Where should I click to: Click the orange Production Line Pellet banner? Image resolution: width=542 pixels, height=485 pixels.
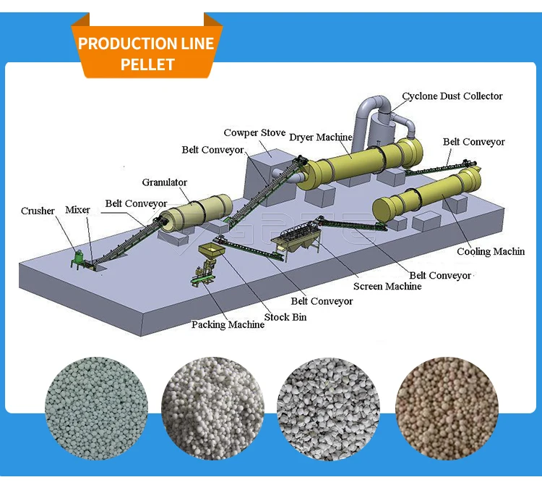tap(147, 53)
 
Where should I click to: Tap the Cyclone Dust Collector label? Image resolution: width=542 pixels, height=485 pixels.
tap(452, 96)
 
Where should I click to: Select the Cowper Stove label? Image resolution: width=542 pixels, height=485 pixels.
tap(254, 133)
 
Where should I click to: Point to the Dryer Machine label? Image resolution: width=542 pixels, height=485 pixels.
tap(320, 137)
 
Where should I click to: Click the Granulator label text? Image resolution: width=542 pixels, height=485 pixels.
tap(164, 182)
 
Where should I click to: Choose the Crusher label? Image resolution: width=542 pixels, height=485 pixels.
tap(38, 211)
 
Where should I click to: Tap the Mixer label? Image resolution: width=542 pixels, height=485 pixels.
tap(78, 210)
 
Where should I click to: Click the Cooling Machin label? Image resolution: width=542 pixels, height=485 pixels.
tap(491, 252)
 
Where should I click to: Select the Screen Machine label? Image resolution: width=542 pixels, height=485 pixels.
tap(387, 287)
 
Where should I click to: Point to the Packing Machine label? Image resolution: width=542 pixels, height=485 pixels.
tap(228, 325)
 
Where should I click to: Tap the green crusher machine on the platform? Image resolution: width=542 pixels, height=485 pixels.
tap(77, 258)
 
